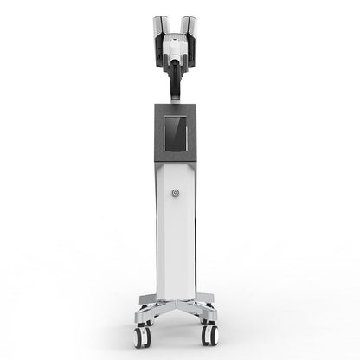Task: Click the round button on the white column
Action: [x=175, y=193]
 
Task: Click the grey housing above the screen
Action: [x=175, y=110]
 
